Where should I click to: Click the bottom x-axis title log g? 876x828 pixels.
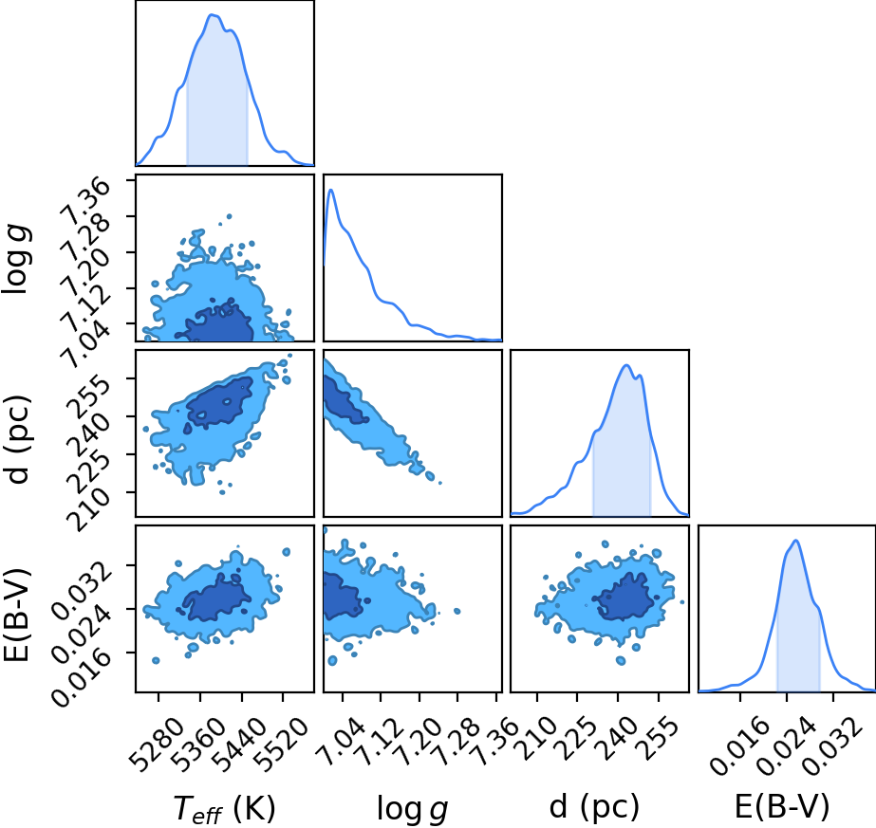412,809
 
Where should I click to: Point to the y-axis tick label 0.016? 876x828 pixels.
82,677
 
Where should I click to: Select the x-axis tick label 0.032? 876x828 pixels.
828,746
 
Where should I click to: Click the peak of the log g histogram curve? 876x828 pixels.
330,190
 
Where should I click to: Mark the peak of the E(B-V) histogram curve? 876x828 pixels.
795,541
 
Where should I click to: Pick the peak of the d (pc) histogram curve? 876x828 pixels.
626,365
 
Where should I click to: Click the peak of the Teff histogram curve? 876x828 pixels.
213,14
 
